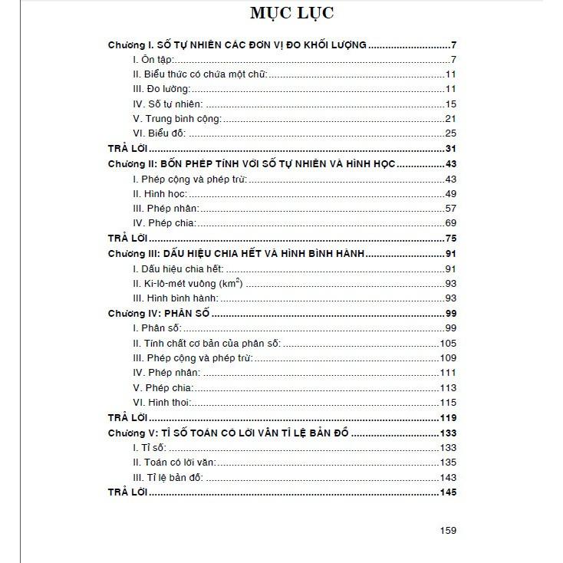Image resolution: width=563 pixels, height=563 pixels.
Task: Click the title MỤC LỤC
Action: tap(281, 15)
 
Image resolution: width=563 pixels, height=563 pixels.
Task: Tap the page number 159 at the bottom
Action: tap(448, 530)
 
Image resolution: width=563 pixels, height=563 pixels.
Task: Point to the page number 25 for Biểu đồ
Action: tap(450, 133)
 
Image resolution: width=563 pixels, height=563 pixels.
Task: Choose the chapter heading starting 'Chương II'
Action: tap(262, 164)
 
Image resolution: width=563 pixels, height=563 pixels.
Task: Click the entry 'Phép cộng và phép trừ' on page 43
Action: tap(189, 179)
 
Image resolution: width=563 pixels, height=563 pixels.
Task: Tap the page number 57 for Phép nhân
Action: tap(450, 208)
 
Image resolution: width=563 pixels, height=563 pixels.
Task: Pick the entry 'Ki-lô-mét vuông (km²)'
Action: tap(188, 283)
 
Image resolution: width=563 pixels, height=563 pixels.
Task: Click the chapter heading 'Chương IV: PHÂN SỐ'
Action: tap(159, 314)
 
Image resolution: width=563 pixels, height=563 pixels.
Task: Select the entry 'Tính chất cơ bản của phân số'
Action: tap(206, 343)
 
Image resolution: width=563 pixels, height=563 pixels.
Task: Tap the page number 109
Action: tap(448, 357)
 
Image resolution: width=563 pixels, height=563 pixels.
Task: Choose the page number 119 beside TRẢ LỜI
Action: tap(448, 418)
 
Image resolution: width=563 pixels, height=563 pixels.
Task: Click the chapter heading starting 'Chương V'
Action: tap(228, 433)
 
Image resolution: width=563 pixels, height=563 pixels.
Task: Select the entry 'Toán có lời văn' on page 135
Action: tap(173, 462)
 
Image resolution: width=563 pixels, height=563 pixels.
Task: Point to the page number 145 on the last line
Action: tap(448, 492)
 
